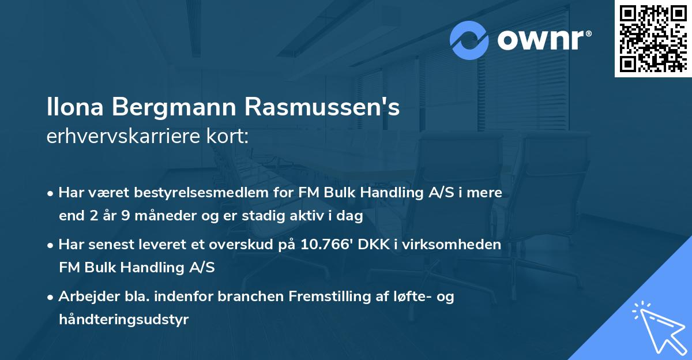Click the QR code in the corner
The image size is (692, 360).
pos(653,39)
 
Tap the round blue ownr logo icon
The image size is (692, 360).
pos(470,40)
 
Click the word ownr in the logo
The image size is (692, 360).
pos(543,40)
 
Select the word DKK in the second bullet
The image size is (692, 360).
pos(374,245)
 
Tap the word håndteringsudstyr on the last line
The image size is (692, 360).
pos(123,320)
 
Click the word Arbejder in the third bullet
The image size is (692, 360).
pos(85,297)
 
